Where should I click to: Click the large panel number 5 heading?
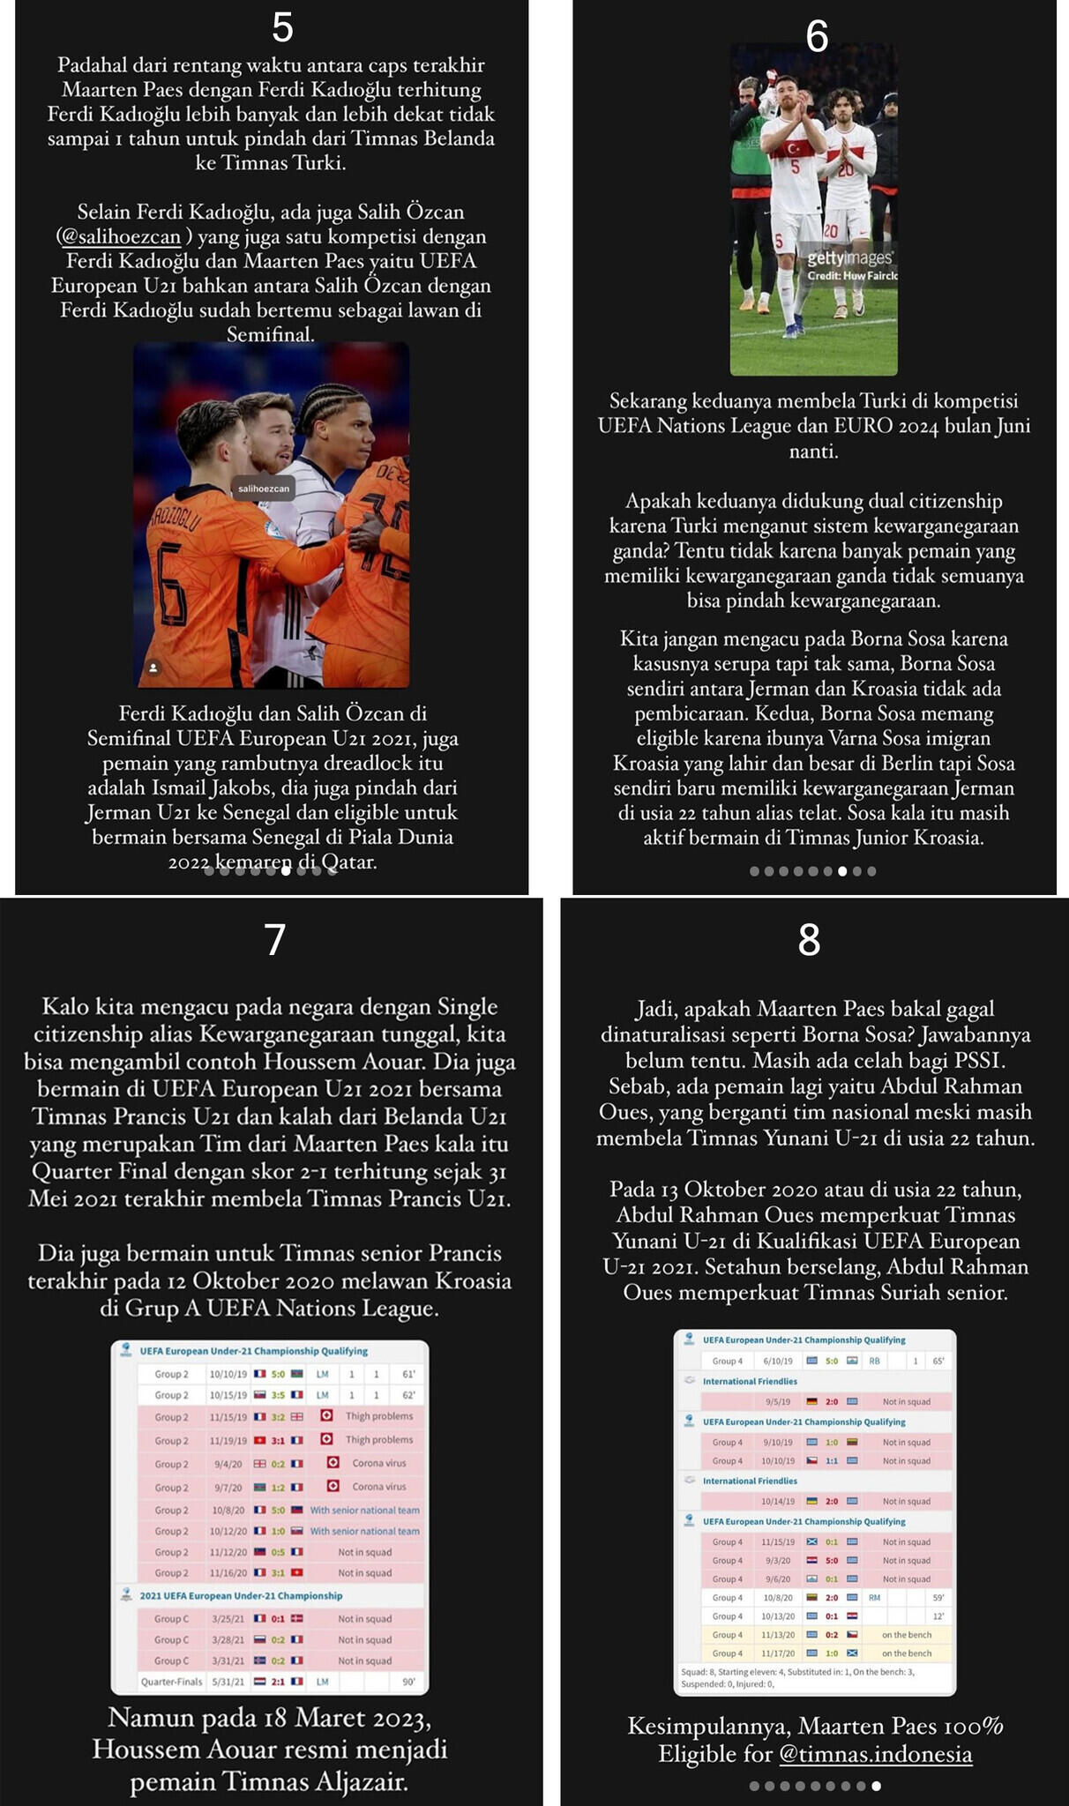point(282,27)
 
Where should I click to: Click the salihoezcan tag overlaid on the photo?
point(264,489)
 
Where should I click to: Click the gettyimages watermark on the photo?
point(849,257)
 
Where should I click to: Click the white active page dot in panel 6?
point(842,871)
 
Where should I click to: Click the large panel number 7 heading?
point(275,940)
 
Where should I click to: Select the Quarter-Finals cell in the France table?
point(171,1682)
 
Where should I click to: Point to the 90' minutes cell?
point(408,1682)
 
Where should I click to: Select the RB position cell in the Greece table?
point(874,1361)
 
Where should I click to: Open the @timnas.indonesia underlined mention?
point(875,1754)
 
